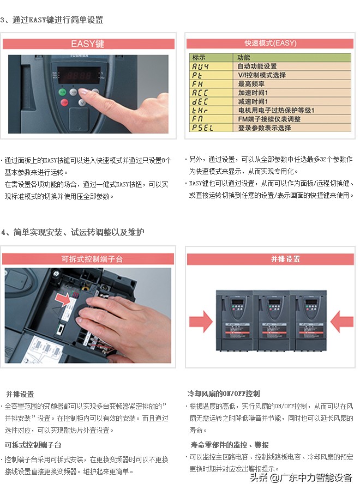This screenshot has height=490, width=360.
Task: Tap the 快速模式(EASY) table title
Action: (271, 43)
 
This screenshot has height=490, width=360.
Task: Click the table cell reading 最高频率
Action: (251, 84)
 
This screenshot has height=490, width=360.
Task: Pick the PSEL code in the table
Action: (202, 128)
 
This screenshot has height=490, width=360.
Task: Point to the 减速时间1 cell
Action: (253, 101)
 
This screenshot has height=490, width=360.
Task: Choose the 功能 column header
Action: (244, 57)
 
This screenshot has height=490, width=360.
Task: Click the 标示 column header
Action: (199, 57)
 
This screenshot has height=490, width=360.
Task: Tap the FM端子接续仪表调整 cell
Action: (269, 119)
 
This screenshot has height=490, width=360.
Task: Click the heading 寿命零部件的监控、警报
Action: (229, 444)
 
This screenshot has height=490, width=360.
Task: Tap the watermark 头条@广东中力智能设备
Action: (301, 477)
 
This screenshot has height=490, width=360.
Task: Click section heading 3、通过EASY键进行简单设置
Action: (52, 20)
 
